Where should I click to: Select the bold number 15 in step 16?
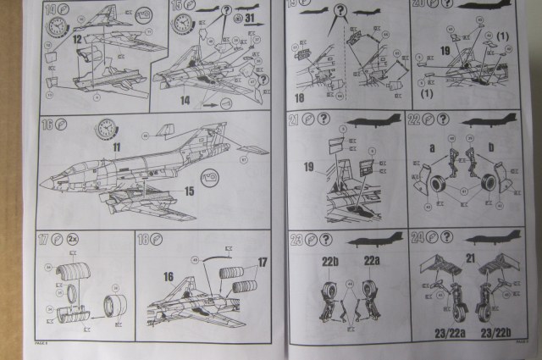pos(190,191)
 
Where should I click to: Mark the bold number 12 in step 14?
pos(76,40)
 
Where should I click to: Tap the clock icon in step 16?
pos(107,129)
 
